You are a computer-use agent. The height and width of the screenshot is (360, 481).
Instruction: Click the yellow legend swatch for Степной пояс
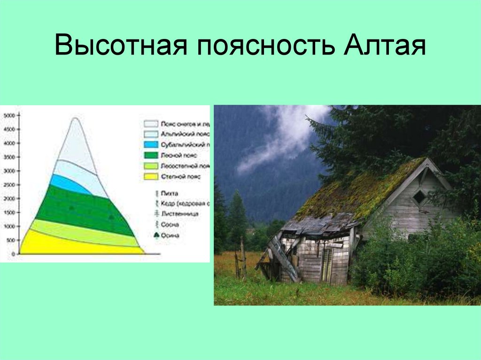tap(150, 176)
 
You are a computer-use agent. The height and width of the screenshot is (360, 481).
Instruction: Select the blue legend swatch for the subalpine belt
tap(150, 144)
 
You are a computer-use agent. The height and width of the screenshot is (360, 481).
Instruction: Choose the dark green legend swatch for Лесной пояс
tap(150, 155)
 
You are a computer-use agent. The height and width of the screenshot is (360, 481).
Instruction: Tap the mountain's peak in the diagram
tap(76, 119)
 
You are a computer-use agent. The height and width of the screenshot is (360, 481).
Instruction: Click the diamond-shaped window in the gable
tap(419, 197)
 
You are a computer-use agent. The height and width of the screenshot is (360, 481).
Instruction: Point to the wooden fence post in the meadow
tap(243, 258)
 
